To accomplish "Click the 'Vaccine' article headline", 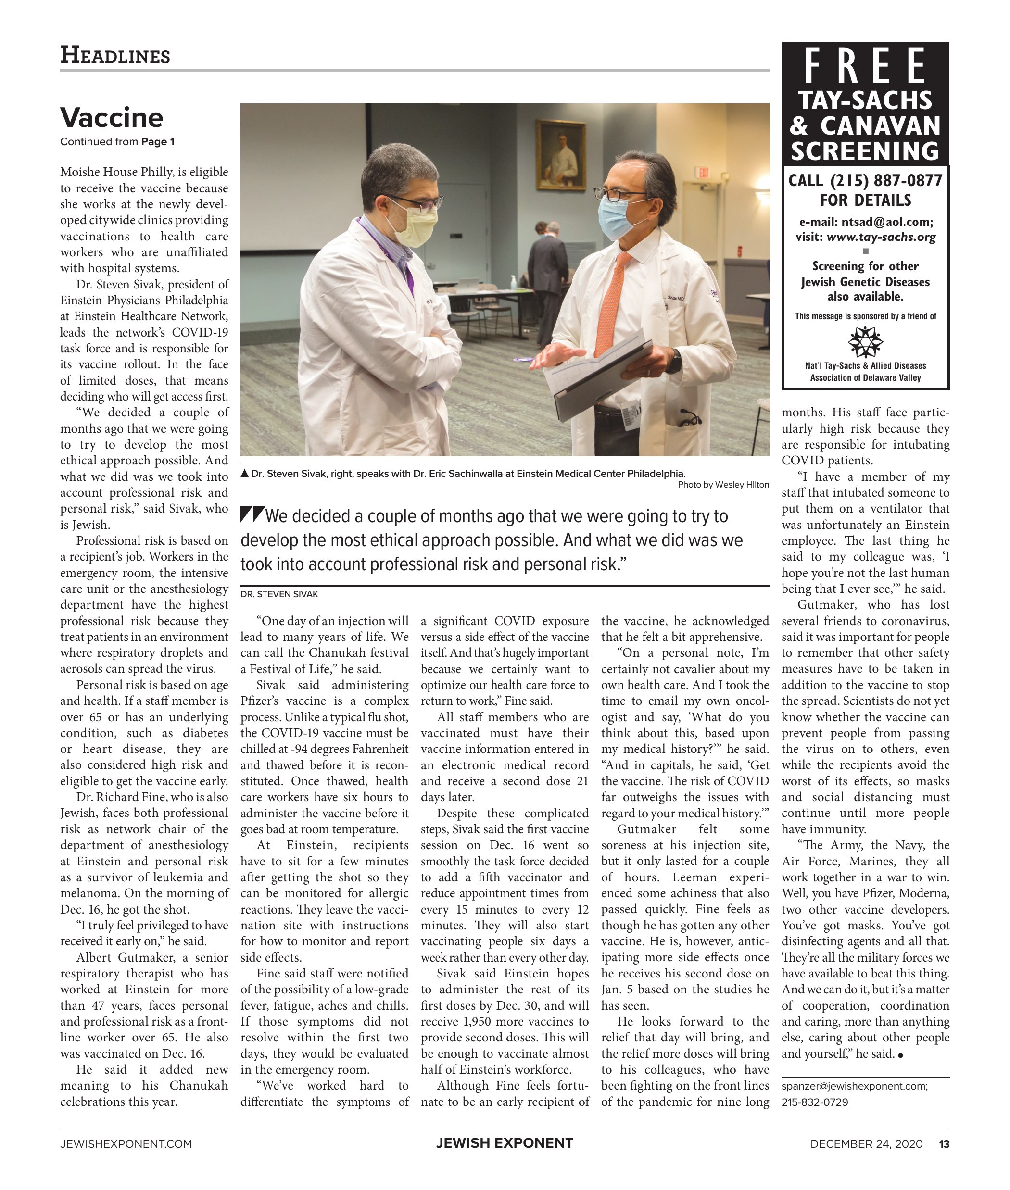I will tap(112, 117).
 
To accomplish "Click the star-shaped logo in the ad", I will tap(865, 342).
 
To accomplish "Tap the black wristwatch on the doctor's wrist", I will tap(675, 361).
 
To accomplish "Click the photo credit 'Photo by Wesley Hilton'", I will tap(723, 485).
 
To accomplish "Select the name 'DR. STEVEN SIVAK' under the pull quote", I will tap(279, 594).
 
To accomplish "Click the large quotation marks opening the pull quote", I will tap(252, 514).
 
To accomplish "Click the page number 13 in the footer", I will tap(944, 1144).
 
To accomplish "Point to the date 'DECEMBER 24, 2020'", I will tap(866, 1144).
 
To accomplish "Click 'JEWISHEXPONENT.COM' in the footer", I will tap(126, 1144).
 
